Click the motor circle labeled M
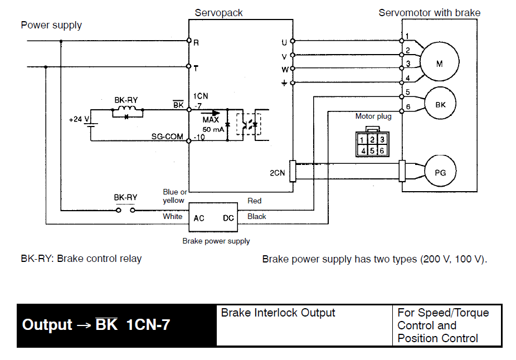pyautogui.click(x=439, y=64)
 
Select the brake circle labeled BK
pyautogui.click(x=440, y=104)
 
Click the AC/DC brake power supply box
pyautogui.click(x=214, y=217)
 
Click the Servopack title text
pyautogui.click(x=218, y=13)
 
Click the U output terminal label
pyautogui.click(x=284, y=42)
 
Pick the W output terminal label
pyautogui.click(x=284, y=70)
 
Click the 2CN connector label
pyautogui.click(x=277, y=173)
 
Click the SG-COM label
pyautogui.click(x=167, y=137)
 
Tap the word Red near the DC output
pyautogui.click(x=254, y=201)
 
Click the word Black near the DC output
pyautogui.click(x=256, y=216)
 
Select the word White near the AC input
pyautogui.click(x=172, y=216)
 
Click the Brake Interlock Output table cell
pyautogui.click(x=304, y=325)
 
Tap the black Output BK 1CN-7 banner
pyautogui.click(x=116, y=325)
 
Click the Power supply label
pyautogui.click(x=51, y=25)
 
